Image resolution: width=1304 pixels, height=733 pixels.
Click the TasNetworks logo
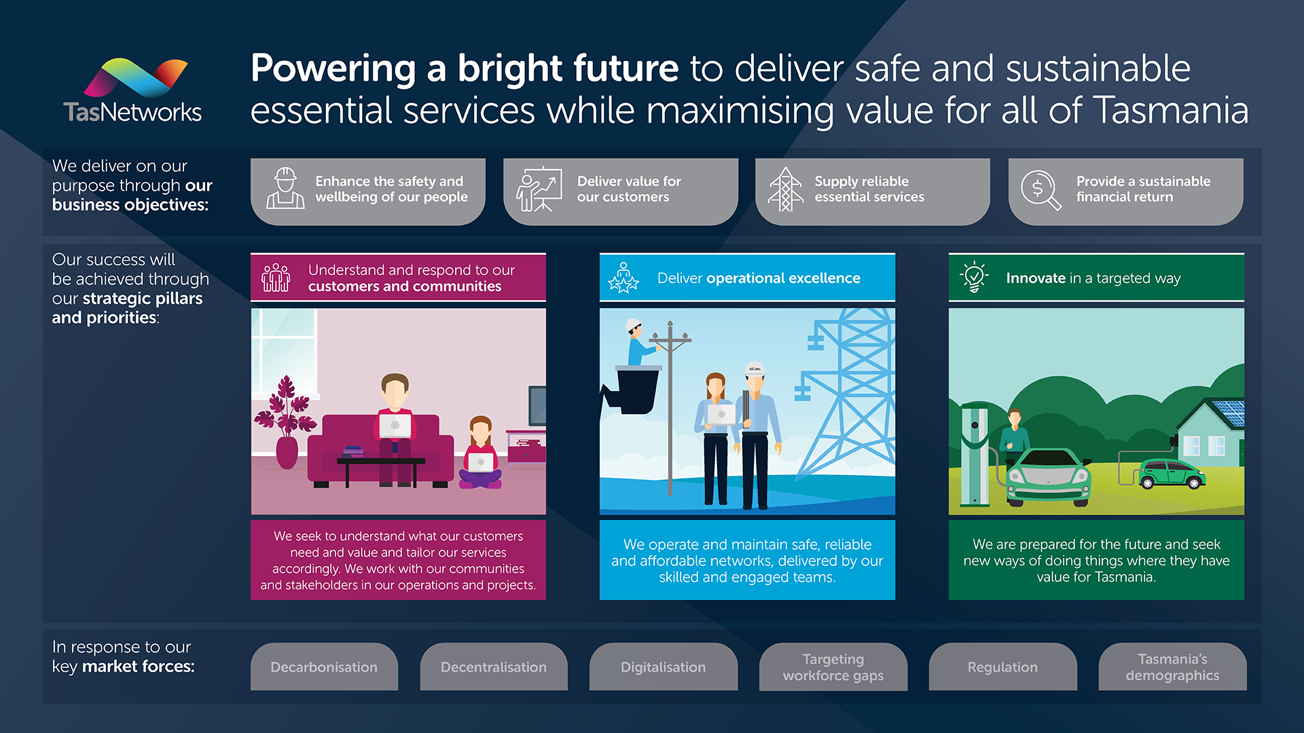tap(133, 91)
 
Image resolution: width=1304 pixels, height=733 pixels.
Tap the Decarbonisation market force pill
tap(324, 666)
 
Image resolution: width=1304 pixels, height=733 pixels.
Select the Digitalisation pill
tap(663, 666)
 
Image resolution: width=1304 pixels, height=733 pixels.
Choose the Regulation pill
tap(1002, 666)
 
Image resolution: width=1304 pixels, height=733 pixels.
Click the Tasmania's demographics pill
tap(1172, 666)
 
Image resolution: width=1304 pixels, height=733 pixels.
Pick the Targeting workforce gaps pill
tap(833, 666)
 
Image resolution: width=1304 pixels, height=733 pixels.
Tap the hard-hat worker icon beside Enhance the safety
tap(285, 188)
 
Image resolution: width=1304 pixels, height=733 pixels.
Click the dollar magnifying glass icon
tap(1040, 190)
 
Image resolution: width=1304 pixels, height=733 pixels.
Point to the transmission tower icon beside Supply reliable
tap(785, 189)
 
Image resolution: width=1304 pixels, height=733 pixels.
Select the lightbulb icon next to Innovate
tap(974, 277)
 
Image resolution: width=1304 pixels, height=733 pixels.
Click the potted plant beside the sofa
tap(286, 421)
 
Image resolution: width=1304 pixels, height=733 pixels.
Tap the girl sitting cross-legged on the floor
tap(480, 453)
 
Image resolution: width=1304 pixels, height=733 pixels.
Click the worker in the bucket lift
tap(638, 343)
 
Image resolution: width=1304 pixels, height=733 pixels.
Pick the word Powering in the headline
tap(333, 69)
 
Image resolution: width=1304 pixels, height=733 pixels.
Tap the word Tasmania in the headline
tap(1172, 110)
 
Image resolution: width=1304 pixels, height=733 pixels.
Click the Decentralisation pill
tap(494, 666)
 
